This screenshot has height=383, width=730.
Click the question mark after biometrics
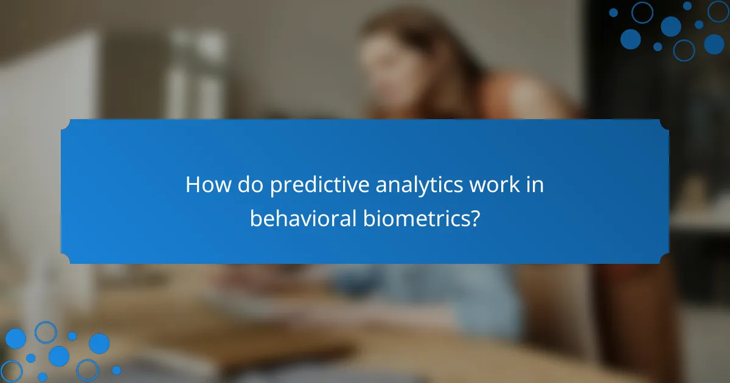tap(475, 218)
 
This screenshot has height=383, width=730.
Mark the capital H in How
tap(192, 185)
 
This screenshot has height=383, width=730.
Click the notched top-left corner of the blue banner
tap(66, 123)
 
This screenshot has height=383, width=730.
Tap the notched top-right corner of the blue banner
tap(664, 123)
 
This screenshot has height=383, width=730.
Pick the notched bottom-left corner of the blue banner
tap(66, 260)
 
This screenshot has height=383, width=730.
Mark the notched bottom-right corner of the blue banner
tap(664, 260)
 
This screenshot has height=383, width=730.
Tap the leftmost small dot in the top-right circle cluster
tap(613, 12)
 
